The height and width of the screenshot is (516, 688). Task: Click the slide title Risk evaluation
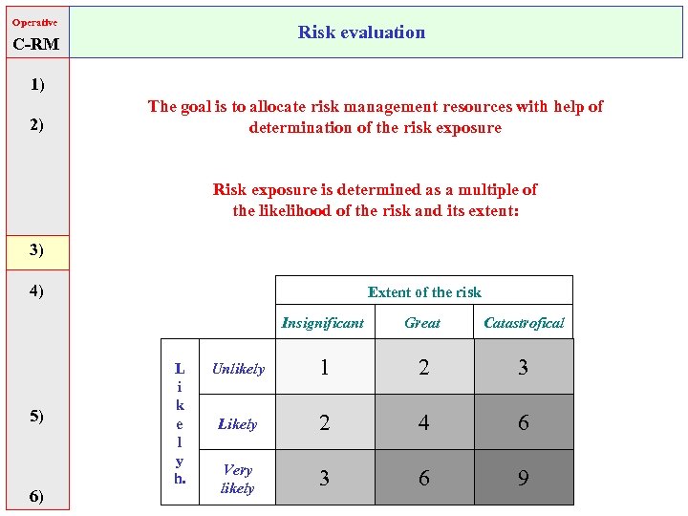pos(361,32)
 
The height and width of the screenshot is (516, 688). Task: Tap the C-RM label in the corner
pos(36,44)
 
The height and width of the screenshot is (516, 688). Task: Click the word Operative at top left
pos(34,22)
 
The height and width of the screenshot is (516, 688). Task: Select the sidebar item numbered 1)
pos(36,85)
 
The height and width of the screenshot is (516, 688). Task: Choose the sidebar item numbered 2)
pos(36,125)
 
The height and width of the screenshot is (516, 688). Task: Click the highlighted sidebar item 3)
pos(36,250)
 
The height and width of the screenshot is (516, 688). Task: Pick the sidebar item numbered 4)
pos(36,290)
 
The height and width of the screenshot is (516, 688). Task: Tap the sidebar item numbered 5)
pos(36,416)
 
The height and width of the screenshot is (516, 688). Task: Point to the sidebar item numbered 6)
pos(36,495)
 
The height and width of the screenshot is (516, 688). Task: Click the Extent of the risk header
pos(424,292)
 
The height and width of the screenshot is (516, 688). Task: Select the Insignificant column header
pos(323,323)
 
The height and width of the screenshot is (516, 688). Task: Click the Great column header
pos(422,323)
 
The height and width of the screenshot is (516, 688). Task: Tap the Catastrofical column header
pos(524,323)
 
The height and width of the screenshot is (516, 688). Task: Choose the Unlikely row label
pos(238,369)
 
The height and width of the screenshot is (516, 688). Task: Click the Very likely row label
pos(237,479)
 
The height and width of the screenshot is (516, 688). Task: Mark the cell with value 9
pos(523,478)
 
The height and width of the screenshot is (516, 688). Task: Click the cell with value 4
pos(423,422)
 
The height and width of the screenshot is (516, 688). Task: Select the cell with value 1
pos(324,368)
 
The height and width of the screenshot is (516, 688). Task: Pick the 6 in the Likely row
pos(523,422)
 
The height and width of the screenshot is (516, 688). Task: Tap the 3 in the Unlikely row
pos(523,368)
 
